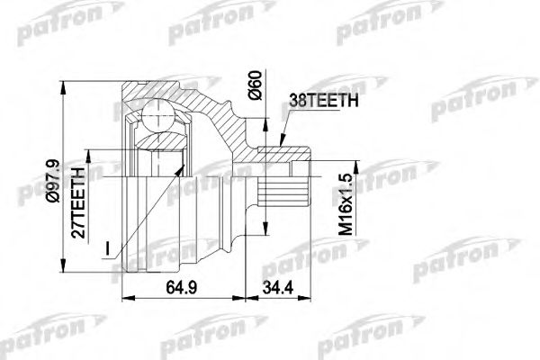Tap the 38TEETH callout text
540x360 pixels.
click(322, 103)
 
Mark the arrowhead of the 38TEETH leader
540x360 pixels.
click(281, 144)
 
